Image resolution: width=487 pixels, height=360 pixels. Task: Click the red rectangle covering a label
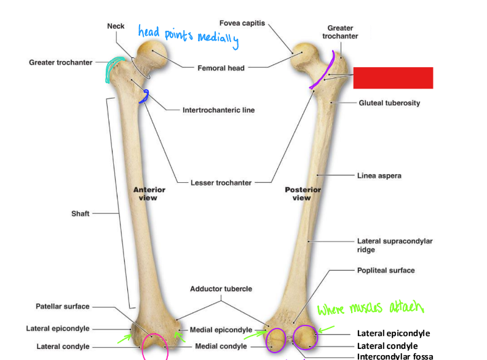[x=393, y=78]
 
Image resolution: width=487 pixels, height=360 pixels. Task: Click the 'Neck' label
[x=116, y=26]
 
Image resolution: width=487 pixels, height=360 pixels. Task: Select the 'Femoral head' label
[x=221, y=68]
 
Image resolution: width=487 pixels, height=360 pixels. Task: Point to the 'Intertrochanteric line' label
[x=218, y=110]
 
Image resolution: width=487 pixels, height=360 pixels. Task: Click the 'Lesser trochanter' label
[x=220, y=183]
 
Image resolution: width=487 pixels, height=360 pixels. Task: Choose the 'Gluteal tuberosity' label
[x=389, y=103]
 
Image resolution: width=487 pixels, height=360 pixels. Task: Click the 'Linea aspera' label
[x=379, y=176]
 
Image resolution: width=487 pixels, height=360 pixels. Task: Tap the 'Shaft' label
[x=80, y=214]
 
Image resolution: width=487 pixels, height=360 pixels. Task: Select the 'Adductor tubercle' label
[x=221, y=289]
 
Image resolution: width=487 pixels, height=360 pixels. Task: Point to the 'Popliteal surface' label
[x=386, y=270]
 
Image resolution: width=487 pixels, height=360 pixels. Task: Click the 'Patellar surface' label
[x=62, y=306]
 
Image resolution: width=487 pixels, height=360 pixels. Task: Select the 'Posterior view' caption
[x=303, y=194]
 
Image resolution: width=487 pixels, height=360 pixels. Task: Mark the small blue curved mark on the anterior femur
[x=146, y=95]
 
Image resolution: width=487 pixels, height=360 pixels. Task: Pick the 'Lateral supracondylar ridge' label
[x=394, y=246]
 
